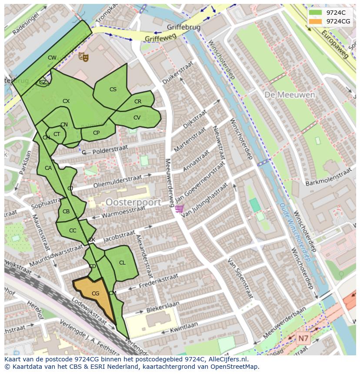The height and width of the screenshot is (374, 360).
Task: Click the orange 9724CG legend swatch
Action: click(316, 21)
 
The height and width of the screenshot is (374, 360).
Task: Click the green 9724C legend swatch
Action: click(316, 13)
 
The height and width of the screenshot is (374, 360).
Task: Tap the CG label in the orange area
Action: click(95, 294)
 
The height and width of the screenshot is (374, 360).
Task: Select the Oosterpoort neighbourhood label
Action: click(133, 202)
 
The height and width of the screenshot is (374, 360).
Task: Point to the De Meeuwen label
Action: click(283, 94)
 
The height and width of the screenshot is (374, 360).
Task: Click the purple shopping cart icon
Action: click(179, 209)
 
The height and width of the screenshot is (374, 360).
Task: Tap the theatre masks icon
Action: click(83, 56)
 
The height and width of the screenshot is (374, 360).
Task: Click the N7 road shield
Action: click(303, 338)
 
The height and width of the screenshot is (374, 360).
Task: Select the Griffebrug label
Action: click(183, 27)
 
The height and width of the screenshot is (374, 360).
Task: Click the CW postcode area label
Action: click(52, 58)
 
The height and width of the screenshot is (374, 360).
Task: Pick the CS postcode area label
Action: click(113, 89)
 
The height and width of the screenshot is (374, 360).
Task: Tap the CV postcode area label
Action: click(137, 118)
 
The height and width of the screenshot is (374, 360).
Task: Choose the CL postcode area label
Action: click(122, 263)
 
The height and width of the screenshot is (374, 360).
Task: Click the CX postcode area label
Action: click(66, 101)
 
